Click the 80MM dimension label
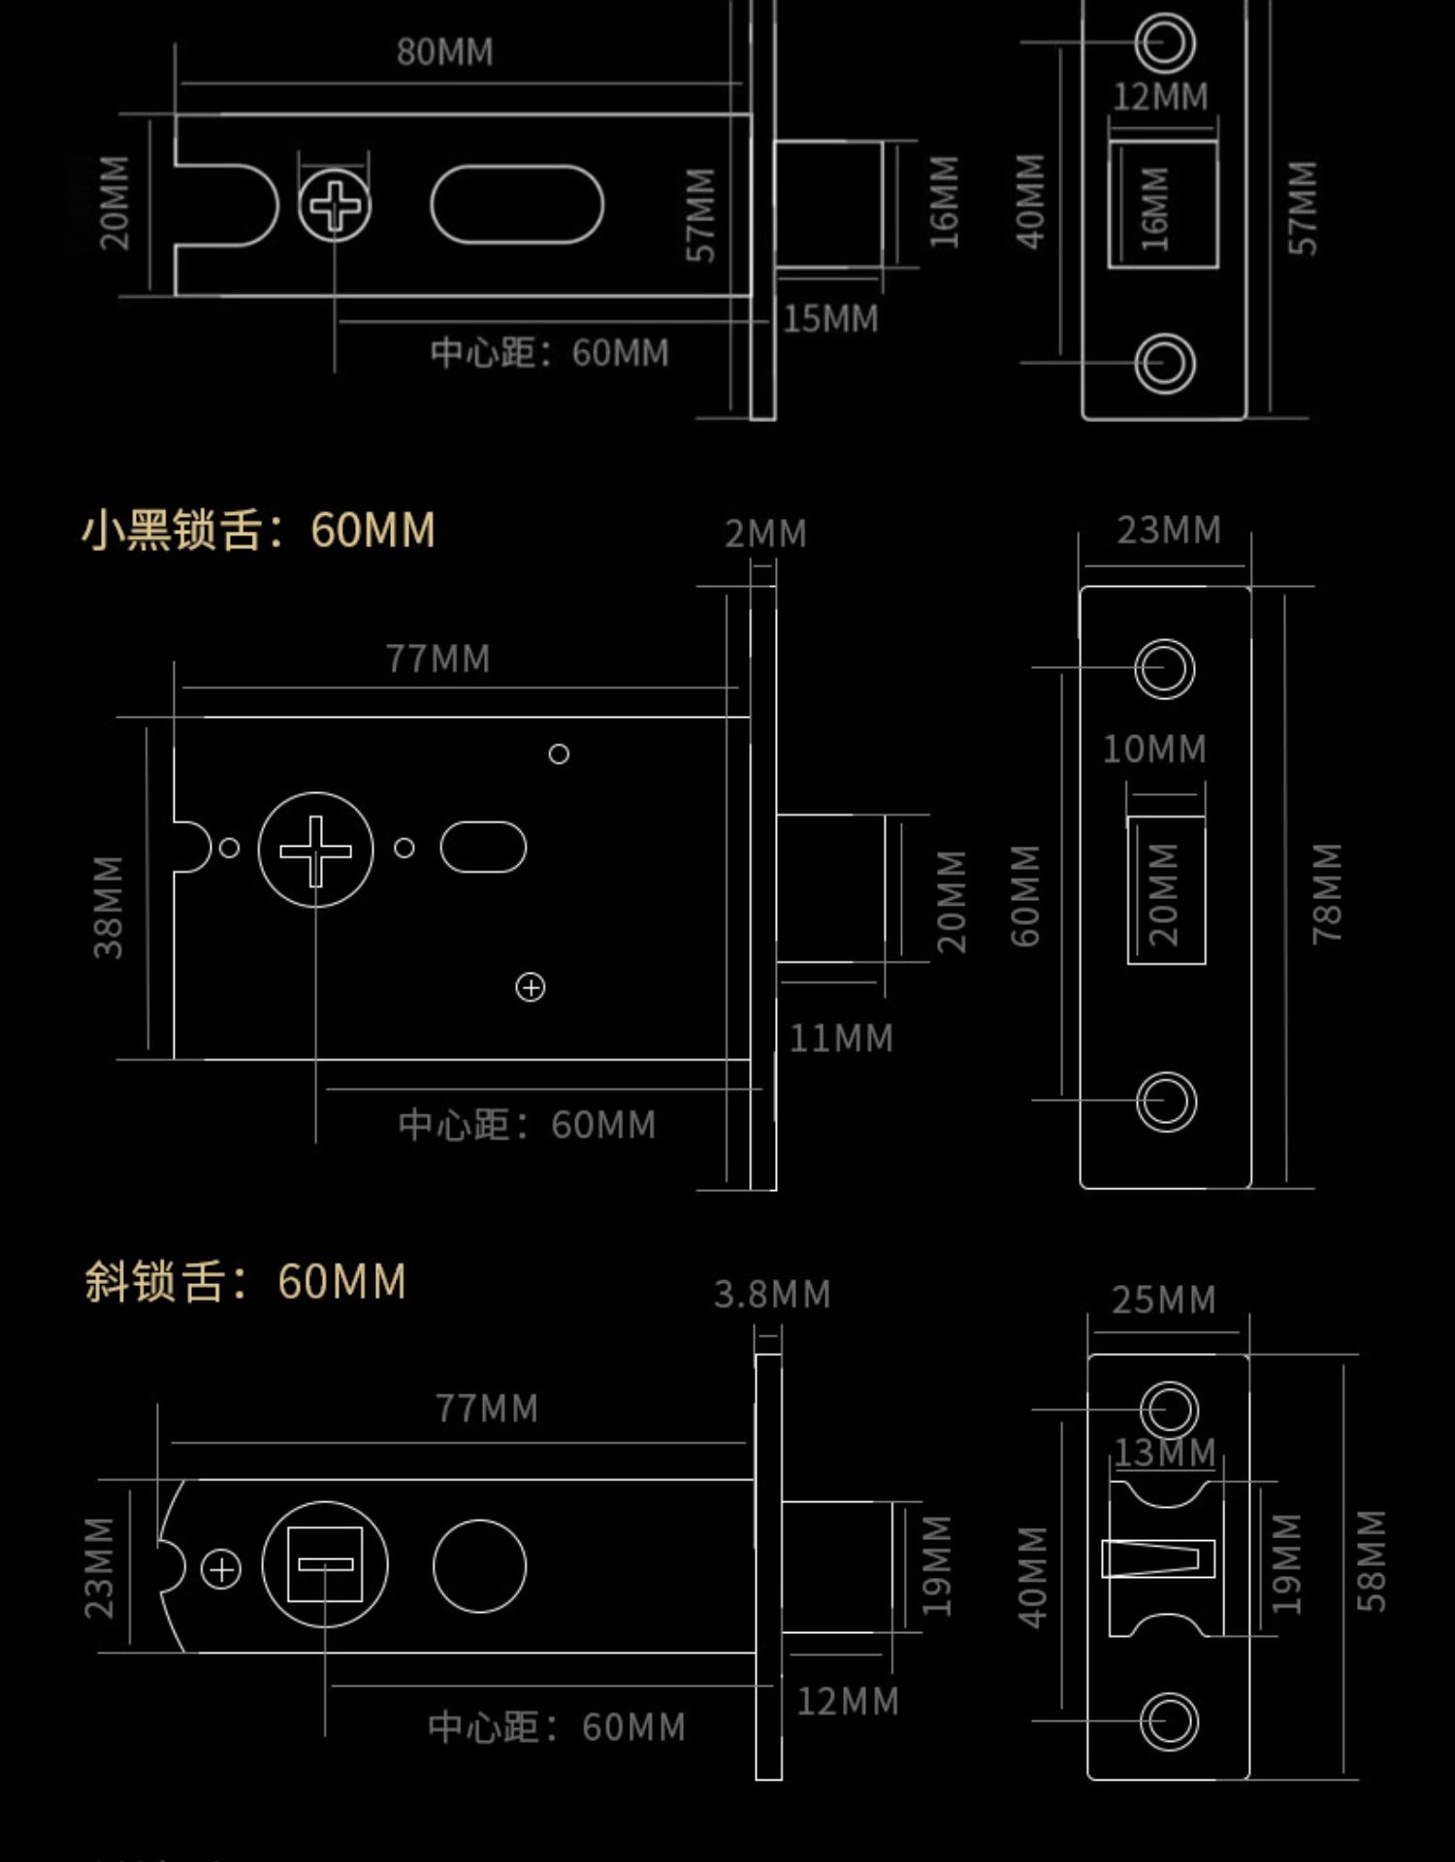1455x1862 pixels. [444, 52]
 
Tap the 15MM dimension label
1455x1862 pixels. [830, 319]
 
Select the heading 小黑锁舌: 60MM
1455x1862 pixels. [258, 530]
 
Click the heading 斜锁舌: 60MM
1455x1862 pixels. [244, 1281]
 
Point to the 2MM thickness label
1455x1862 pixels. [765, 533]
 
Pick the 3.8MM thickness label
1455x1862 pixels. [772, 1295]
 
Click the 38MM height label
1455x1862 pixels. [109, 907]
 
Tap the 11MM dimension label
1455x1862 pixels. [840, 1039]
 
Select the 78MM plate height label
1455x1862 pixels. [1326, 892]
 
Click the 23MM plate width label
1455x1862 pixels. [1168, 530]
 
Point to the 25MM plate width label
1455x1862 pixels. [1163, 1300]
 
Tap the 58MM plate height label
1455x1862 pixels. [1371, 1560]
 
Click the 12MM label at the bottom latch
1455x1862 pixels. [847, 1702]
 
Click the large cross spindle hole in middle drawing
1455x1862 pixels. [315, 851]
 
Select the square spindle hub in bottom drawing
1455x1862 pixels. [325, 1564]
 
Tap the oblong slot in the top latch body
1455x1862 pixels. [517, 205]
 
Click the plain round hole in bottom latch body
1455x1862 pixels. [479, 1566]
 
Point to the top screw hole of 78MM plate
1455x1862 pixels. [1165, 668]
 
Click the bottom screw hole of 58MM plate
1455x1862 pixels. [1169, 1721]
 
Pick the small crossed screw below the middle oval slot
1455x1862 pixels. [531, 987]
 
